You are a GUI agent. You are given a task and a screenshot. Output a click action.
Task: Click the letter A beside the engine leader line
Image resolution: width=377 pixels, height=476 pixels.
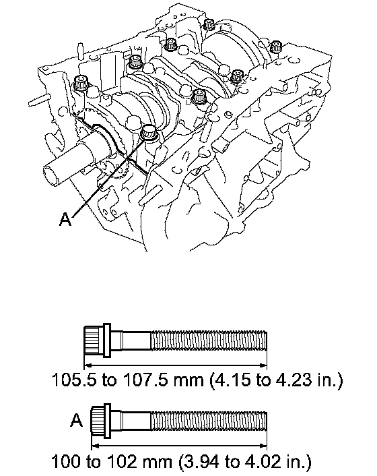tap(65, 219)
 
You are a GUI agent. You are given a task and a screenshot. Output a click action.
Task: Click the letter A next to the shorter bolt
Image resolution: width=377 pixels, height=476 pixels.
tap(76, 421)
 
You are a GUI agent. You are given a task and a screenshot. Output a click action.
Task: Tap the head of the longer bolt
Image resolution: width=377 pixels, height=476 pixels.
tap(97, 340)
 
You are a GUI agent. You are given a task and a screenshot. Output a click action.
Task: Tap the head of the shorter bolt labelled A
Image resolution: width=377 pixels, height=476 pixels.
tap(101, 421)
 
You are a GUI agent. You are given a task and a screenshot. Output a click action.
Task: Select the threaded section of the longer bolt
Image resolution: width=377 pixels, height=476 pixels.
tap(209, 340)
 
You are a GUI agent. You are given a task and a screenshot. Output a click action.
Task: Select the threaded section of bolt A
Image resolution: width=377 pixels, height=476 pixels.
tap(209, 421)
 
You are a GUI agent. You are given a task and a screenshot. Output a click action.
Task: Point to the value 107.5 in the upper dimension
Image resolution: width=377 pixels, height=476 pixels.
tap(145, 380)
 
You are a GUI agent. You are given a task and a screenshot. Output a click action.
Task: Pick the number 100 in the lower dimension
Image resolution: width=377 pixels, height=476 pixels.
tap(67, 462)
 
